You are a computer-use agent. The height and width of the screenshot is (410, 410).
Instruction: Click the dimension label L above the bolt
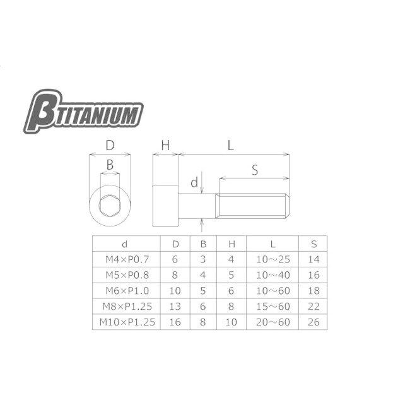231,146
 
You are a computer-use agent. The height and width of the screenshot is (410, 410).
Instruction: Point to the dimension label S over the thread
254,170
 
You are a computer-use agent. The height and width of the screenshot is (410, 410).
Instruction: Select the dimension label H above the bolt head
166,146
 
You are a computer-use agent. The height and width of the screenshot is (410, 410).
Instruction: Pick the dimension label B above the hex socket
110,165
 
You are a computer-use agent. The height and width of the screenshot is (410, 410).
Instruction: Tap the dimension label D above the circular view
110,146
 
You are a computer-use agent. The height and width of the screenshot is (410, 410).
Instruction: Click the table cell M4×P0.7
124,259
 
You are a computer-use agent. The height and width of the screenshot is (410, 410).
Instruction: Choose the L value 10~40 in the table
272,275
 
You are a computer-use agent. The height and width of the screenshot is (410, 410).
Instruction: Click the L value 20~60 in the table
272,322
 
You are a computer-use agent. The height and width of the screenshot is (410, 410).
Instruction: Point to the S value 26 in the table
313,322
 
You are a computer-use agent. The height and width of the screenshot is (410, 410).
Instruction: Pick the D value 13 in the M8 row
175,306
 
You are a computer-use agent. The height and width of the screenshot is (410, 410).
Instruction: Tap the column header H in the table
231,244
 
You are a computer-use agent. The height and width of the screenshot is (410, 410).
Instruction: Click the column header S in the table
313,244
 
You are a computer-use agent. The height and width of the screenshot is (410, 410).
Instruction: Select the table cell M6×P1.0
124,290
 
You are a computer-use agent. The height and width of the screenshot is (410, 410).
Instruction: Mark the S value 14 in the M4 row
313,259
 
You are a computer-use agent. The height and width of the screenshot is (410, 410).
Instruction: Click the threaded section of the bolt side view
253,206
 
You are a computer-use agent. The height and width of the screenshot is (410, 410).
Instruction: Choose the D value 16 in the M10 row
175,322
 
